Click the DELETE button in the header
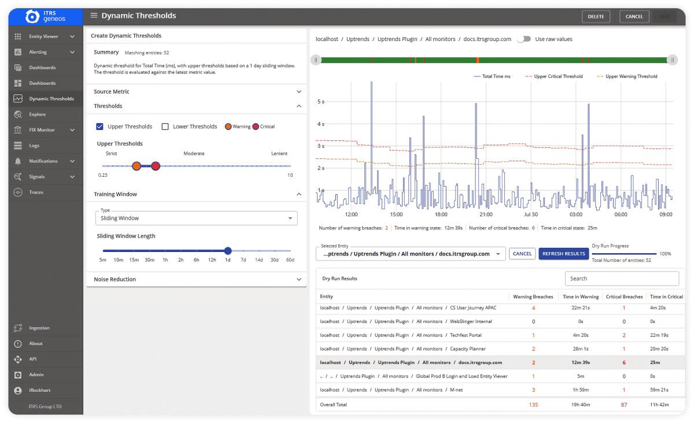596,17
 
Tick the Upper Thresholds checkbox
100,127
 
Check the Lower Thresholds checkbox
165,127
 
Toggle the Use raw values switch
523,39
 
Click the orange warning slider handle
136,166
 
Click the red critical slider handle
156,166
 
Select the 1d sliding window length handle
228,251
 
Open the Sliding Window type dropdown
196,218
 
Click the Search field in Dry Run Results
622,279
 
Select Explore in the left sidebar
38,114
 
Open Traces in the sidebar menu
36,192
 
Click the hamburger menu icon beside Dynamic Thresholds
94,16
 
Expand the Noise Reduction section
196,280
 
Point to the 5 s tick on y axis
321,102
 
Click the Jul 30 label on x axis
530,214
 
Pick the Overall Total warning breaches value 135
533,405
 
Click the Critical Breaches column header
624,297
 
